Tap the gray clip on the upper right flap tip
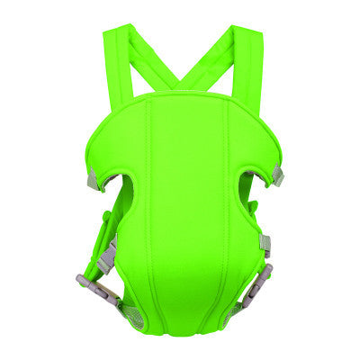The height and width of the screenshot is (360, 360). [x=276, y=176]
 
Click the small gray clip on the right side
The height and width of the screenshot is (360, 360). [x=265, y=243]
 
